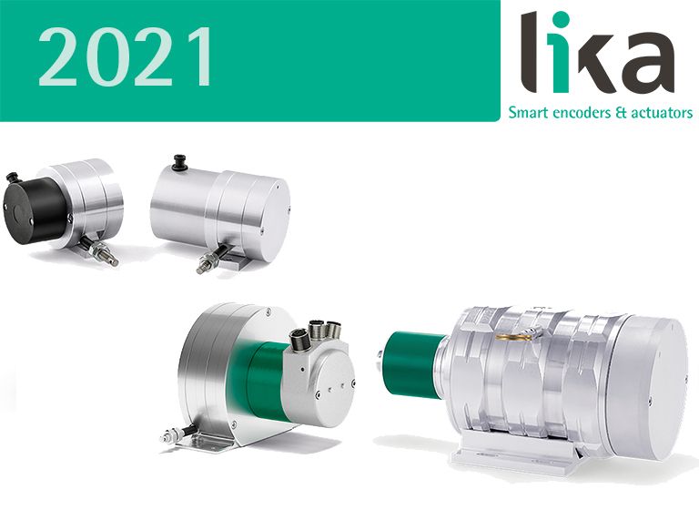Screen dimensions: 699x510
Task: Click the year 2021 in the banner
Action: coord(126,56)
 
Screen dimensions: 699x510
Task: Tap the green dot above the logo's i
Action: coord(563,19)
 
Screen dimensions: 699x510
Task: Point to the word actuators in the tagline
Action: coord(661,112)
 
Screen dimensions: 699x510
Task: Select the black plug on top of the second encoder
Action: coord(180,162)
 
